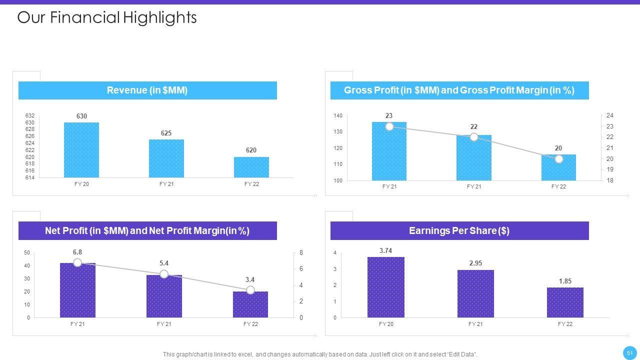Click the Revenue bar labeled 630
(x=81, y=150)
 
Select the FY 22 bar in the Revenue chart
(x=251, y=167)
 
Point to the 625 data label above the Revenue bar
(x=166, y=133)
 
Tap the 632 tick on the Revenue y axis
(x=29, y=116)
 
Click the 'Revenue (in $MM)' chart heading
(x=147, y=90)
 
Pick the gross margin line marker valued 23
(x=389, y=126)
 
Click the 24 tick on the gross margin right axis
(x=609, y=115)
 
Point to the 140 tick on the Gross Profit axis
(x=338, y=116)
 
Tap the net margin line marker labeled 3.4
(x=250, y=290)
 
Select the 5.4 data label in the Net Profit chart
(x=164, y=263)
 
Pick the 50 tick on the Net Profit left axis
(x=27, y=253)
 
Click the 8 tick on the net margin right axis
(x=301, y=253)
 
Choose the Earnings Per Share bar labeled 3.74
(x=386, y=287)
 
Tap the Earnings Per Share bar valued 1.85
(x=565, y=302)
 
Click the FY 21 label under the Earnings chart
(x=475, y=324)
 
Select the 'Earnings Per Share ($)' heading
(x=459, y=230)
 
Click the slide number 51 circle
(x=629, y=353)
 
